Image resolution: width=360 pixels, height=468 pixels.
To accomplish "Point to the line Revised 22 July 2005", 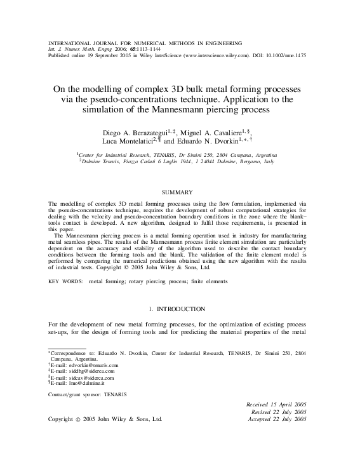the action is coord(279,411).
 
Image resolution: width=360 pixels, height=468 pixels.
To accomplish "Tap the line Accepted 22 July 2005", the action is coord(277,419).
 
